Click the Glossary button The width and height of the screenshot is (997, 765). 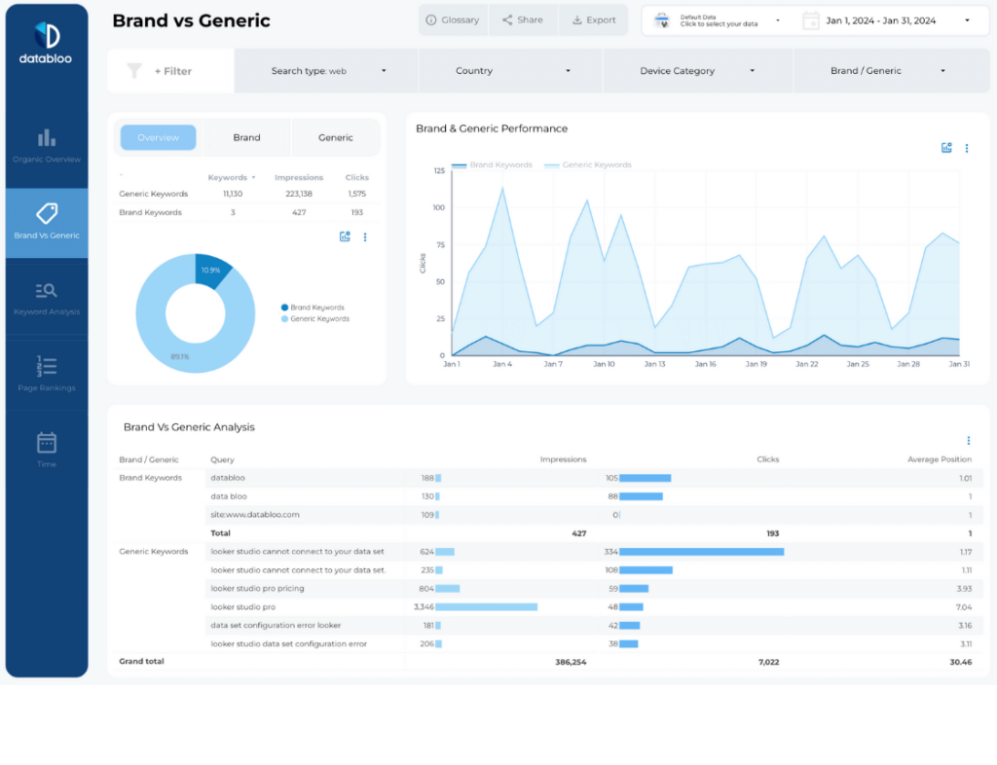tap(453, 20)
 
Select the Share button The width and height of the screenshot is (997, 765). tap(523, 20)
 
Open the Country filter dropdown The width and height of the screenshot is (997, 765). tap(512, 71)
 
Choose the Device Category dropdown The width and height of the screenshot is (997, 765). tap(697, 71)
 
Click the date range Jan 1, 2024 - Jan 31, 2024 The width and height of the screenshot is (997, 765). tap(886, 20)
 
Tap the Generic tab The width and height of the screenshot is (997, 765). tap(335, 138)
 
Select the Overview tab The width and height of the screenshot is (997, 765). tap(158, 138)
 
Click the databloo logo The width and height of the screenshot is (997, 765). tap(46, 44)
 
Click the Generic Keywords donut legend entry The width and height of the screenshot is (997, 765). tap(318, 319)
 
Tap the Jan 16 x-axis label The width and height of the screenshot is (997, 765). tap(705, 364)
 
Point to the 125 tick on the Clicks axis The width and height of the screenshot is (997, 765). tap(439, 170)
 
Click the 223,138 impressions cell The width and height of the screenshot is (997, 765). tap(299, 194)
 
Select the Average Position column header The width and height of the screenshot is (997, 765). tap(940, 459)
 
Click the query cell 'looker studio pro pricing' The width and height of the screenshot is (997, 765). tap(257, 589)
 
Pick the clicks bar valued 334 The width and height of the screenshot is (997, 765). tap(701, 552)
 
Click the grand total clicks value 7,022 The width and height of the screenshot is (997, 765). tap(768, 662)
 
